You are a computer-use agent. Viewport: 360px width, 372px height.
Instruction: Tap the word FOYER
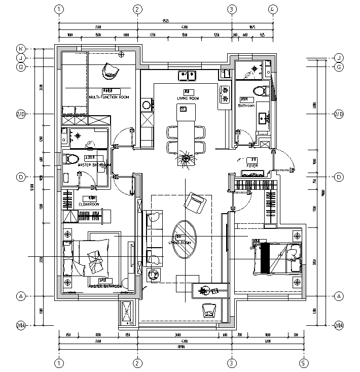tap(251, 165)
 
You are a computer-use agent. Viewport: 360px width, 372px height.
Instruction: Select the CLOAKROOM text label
tap(89, 204)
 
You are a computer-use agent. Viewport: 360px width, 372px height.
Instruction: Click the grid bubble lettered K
tap(21, 49)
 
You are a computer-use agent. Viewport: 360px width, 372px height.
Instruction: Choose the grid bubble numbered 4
tap(272, 9)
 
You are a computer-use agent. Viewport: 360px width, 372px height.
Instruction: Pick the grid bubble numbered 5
tap(303, 363)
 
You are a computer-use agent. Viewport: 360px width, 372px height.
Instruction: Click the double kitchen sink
tap(187, 76)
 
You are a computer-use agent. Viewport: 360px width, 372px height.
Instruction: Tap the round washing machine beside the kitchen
tap(147, 105)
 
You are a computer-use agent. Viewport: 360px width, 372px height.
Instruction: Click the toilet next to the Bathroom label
tap(260, 91)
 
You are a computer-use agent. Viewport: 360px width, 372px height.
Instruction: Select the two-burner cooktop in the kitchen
tap(224, 94)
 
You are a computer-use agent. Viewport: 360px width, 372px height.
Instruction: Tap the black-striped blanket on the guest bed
tap(264, 258)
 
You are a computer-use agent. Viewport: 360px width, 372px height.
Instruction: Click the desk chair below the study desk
tap(208, 310)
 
